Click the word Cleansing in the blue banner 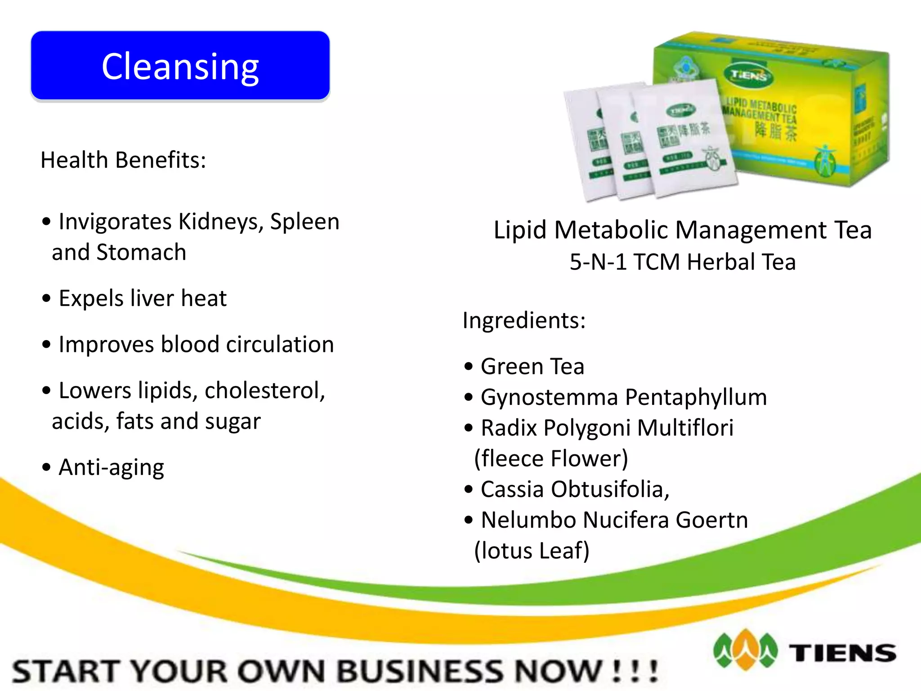[180, 67]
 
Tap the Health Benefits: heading [123, 160]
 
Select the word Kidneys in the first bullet [220, 222]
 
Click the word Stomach [141, 252]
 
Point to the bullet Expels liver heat [143, 298]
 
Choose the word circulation [280, 345]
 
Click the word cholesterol [264, 390]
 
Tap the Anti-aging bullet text [111, 467]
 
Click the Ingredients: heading [524, 320]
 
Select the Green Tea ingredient [532, 366]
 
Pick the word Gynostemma [550, 397]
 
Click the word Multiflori [685, 428]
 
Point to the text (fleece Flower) [551, 458]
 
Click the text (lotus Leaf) [532, 551]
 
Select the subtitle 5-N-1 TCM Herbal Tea [683, 262]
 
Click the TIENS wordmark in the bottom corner [842, 653]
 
